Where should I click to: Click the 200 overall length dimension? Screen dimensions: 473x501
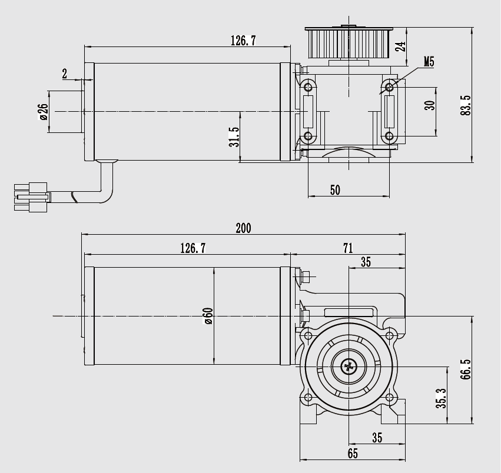(x=243, y=228)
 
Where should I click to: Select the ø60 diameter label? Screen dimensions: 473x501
(x=208, y=316)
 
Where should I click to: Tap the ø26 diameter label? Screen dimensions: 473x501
(x=43, y=111)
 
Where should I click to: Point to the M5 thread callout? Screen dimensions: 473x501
(x=429, y=61)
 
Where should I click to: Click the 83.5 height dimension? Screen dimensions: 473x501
(x=466, y=105)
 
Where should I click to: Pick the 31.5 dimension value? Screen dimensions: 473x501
(x=234, y=137)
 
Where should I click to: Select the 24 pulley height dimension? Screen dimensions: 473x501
(x=401, y=46)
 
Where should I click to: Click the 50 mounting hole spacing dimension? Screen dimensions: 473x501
(x=335, y=189)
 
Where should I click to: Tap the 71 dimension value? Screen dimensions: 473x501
(x=348, y=248)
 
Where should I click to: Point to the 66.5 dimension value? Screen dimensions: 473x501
(x=466, y=371)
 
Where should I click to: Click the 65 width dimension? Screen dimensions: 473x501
(x=352, y=454)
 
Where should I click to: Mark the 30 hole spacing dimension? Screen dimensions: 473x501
(x=430, y=105)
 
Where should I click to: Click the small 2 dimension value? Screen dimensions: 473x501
(x=64, y=74)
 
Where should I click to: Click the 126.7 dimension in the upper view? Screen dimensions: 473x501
(x=243, y=41)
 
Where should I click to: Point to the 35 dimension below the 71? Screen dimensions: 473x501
(x=366, y=262)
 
